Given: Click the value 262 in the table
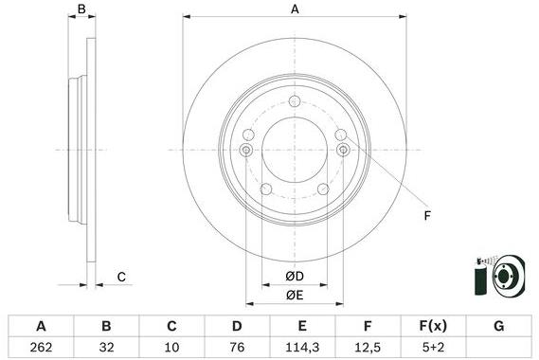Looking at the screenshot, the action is click(41, 348).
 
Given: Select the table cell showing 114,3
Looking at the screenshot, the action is click(302, 348).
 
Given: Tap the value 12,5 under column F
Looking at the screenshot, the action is click(368, 348).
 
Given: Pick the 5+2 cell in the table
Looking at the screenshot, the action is click(433, 348).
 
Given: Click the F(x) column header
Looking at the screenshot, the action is click(433, 326).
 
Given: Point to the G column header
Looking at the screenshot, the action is click(499, 326).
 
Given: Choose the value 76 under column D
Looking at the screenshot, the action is click(237, 348).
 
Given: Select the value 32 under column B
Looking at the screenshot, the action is click(106, 348).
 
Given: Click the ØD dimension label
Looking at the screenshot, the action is click(295, 276).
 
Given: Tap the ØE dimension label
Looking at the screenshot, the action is click(295, 295).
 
